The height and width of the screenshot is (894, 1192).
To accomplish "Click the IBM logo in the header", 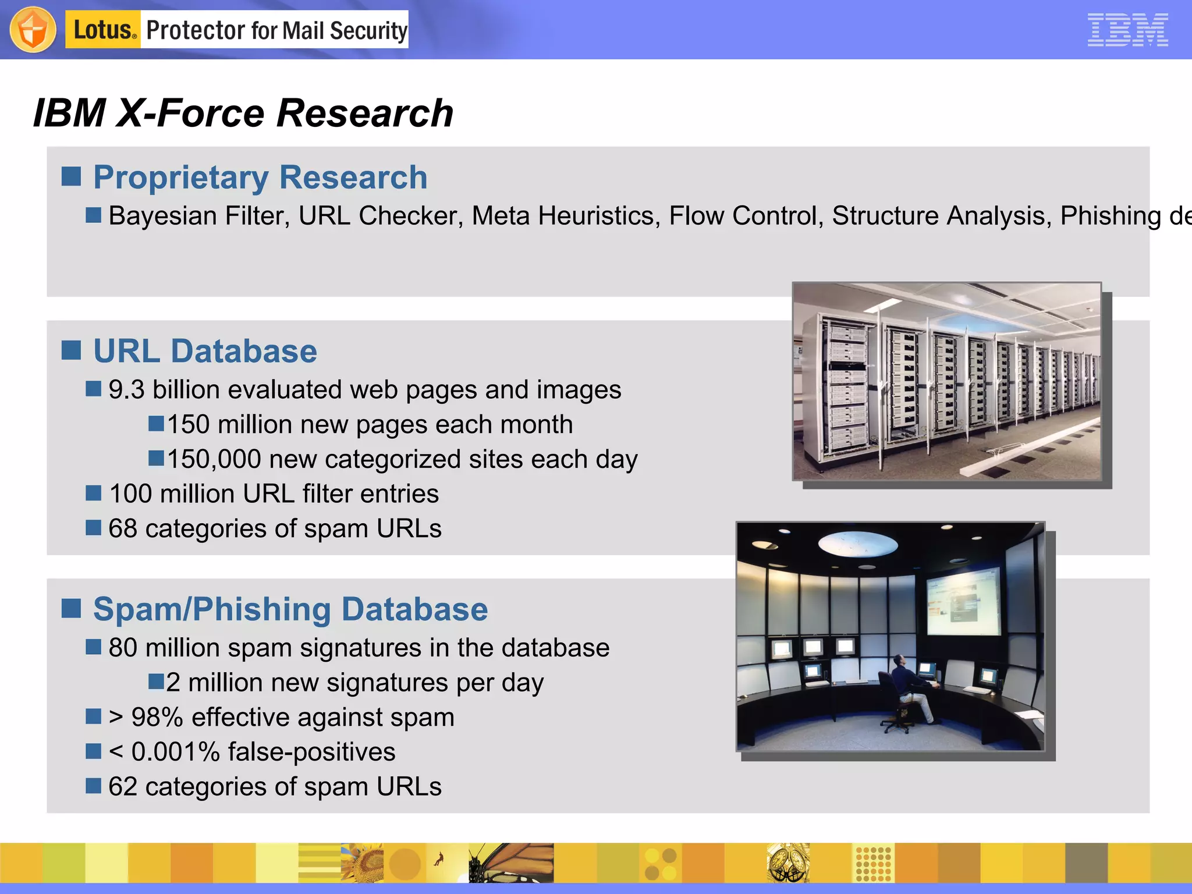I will [x=1127, y=30].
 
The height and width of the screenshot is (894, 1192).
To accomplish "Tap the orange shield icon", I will [x=33, y=30].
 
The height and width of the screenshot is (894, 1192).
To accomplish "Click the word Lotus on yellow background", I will [x=102, y=30].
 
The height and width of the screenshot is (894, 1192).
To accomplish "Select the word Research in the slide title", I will [x=365, y=113].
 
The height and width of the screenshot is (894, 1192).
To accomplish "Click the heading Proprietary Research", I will [x=260, y=178].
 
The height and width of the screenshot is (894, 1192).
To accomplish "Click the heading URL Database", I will [x=205, y=351].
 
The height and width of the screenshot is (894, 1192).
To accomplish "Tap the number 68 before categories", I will [x=122, y=528].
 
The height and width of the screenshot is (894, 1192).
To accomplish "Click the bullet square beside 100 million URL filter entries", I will [x=93, y=494].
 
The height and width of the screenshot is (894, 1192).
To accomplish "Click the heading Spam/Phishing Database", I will [x=290, y=609].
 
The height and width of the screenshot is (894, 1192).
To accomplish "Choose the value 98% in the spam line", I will [x=157, y=717].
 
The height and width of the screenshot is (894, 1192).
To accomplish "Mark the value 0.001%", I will [x=175, y=752].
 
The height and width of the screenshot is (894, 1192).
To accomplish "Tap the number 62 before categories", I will [x=122, y=787].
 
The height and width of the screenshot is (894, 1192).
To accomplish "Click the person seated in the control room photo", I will [x=908, y=690].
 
